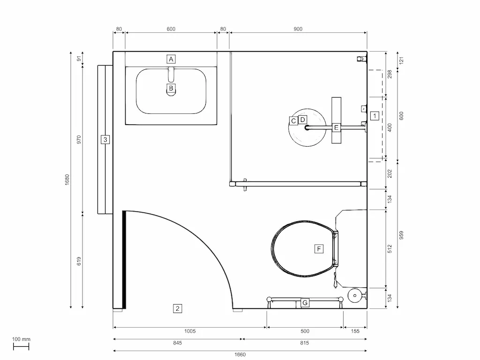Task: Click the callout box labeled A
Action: coord(171,59)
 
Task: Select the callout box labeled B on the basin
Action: coord(171,88)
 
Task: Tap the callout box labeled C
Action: coord(293,121)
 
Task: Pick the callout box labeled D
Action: coord(302,120)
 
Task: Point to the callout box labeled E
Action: coord(336,127)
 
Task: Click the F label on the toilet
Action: coord(319,248)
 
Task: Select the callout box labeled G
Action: coord(305,303)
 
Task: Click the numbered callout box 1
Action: coord(374,115)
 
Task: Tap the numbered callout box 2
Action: coord(177,308)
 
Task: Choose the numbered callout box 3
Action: coord(105,139)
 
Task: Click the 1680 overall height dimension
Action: coord(67,180)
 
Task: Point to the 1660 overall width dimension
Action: coord(240,354)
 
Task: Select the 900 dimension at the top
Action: coord(298,29)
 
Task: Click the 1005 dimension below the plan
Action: coord(190,331)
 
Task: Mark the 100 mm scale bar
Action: coord(21,346)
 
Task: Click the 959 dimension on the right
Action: coord(402,234)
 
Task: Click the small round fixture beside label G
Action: coord(355,296)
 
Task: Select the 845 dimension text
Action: coord(177,343)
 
